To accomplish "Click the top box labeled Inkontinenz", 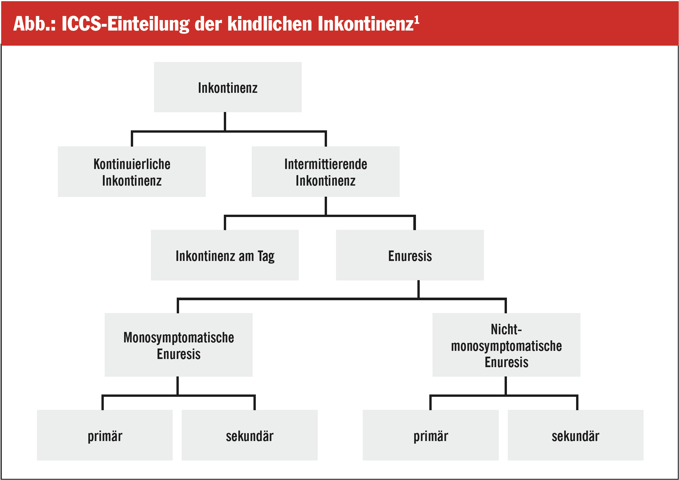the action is coord(228,87).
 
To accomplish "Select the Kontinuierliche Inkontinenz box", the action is coord(132,172).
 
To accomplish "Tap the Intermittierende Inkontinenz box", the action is coord(326,172).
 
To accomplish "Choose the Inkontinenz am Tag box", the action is coord(225,255).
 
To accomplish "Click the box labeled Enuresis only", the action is coord(410,255).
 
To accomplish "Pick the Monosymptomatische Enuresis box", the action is coord(179,345).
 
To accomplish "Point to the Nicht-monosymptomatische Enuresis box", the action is coord(506,345).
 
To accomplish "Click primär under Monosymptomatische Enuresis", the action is coord(105,435).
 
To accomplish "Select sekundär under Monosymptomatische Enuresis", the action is coord(250,435).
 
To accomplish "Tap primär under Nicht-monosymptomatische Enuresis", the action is coord(430,435).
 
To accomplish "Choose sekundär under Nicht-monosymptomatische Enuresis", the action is coord(576,435).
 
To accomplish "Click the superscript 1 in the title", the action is coord(417,20).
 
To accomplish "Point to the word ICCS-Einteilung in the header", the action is coord(125,24).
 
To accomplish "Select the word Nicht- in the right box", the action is coord(506,329).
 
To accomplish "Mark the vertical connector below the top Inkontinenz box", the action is coord(225,121).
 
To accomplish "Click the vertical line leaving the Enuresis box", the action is coord(419,289).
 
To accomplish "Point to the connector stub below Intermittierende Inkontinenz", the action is coord(326,206).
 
